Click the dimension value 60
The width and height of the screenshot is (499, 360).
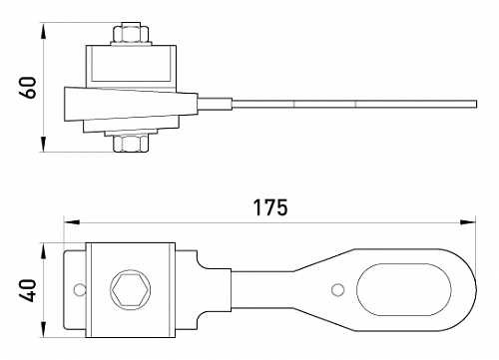point(29,87)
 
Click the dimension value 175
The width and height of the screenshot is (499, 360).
point(269,208)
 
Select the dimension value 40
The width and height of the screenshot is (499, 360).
point(29,290)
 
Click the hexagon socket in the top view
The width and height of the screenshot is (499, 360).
point(130,290)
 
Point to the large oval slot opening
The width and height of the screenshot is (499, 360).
point(399,290)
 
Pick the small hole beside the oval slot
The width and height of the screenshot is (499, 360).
point(337,290)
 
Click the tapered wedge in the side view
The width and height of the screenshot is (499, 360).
point(110,104)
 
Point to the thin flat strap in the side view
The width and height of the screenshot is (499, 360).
point(349,103)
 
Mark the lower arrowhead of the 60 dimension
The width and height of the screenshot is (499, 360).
point(45,149)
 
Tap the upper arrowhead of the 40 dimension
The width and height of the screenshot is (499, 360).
point(45,245)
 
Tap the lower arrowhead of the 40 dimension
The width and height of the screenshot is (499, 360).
point(45,334)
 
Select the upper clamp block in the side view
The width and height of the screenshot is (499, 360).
point(132,66)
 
